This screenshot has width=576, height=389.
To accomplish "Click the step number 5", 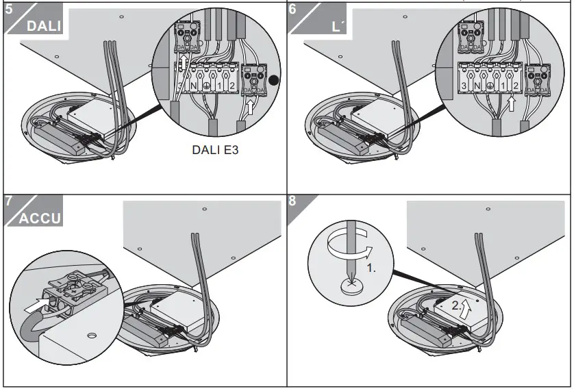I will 8,10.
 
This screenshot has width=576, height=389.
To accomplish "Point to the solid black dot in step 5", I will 274,79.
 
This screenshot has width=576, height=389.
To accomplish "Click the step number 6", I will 293,10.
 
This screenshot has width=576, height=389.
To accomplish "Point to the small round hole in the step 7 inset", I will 92,337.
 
